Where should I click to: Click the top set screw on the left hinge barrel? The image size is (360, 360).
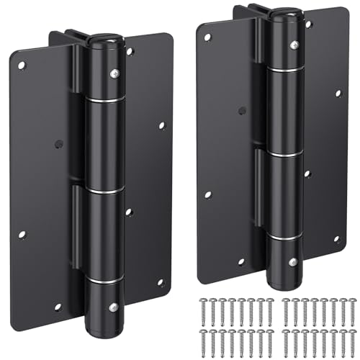pyautogui.click(x=113, y=73)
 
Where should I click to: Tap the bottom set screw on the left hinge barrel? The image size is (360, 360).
pyautogui.click(x=113, y=307)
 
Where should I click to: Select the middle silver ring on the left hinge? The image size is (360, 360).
pyautogui.click(x=104, y=191)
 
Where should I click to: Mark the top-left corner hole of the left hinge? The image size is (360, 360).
pyautogui.click(x=22, y=66)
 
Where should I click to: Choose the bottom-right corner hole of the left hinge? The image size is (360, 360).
pyautogui.click(x=161, y=282)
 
